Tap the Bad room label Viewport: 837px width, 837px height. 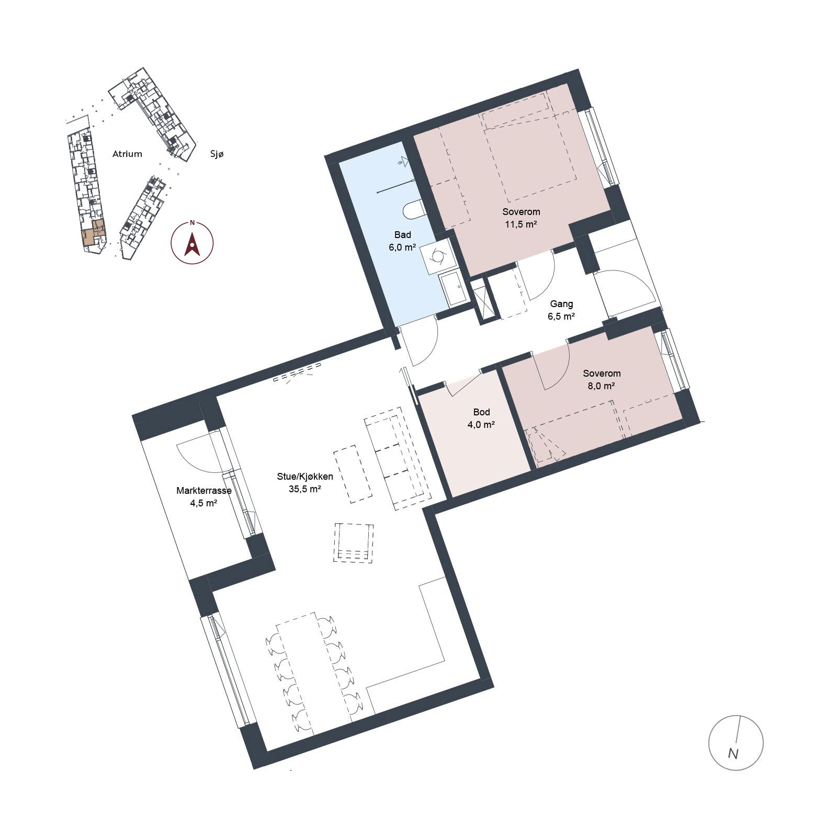403,235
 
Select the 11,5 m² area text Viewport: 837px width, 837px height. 521,224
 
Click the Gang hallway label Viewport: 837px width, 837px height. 561,304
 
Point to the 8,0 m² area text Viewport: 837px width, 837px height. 602,386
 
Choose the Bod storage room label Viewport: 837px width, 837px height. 481,412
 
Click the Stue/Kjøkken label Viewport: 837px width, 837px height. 305,477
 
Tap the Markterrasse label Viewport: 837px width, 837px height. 204,491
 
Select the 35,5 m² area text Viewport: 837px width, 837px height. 305,490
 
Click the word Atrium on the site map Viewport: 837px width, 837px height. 127,154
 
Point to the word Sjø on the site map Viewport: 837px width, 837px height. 217,154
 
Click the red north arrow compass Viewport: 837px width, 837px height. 192,243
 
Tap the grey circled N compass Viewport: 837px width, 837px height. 736,742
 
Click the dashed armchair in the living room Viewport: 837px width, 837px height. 354,542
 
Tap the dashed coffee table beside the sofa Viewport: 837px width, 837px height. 353,474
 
